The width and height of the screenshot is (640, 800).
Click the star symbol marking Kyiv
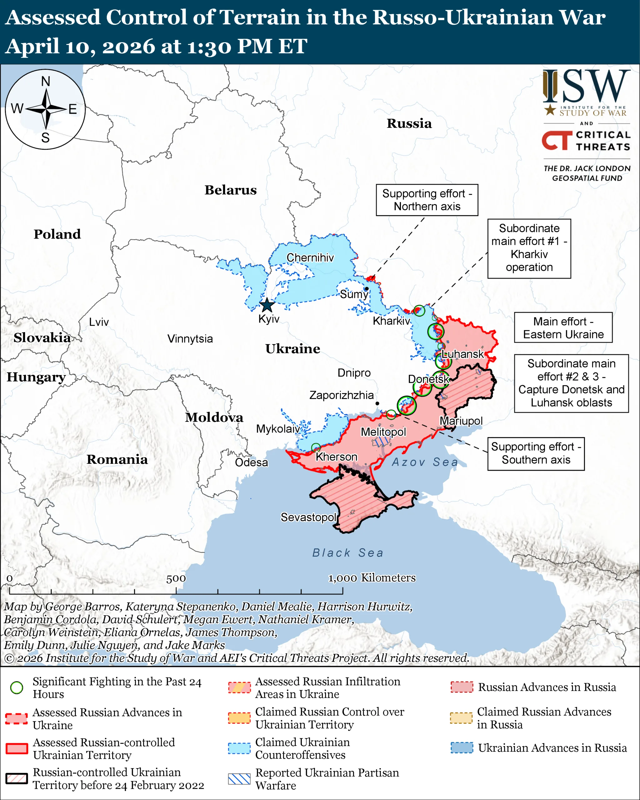[x=267, y=305]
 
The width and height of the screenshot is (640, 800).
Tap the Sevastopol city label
[x=308, y=517]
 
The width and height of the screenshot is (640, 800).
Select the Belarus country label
[x=230, y=190]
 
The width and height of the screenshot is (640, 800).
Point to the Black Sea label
[x=347, y=552]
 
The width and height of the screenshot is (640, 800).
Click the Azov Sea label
[x=425, y=462]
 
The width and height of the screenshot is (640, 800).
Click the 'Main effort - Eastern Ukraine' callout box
[x=563, y=327]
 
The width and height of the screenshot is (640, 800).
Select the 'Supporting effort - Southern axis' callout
[x=536, y=453]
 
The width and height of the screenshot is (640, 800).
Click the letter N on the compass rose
[x=46, y=81]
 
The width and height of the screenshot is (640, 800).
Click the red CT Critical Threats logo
[x=557, y=140]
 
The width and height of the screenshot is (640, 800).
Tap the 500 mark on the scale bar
[x=176, y=578]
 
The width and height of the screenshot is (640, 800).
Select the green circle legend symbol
[x=17, y=687]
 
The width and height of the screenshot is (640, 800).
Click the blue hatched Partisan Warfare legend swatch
[x=239, y=779]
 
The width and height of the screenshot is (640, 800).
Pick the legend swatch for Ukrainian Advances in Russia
[x=462, y=748]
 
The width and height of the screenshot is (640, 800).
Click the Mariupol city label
[x=461, y=421]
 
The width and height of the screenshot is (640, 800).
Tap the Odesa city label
[x=251, y=462]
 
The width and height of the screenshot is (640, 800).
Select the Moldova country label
[x=214, y=417]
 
